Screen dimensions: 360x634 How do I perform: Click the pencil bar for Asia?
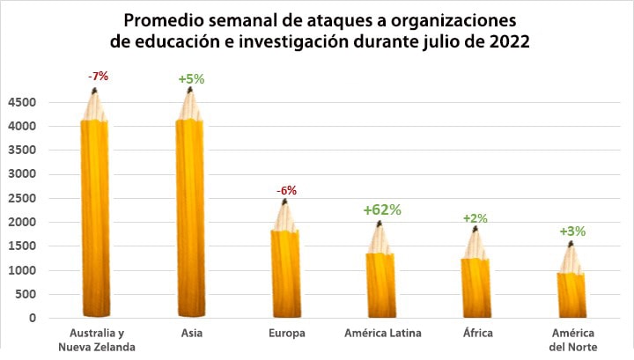(190, 216)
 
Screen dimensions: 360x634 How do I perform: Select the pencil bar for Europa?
(285, 268)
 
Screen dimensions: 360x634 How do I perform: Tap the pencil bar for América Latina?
(380, 282)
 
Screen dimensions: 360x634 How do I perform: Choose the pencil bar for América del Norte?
(571, 290)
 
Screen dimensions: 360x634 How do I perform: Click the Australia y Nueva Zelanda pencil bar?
(94, 216)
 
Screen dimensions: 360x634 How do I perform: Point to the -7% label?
(98, 77)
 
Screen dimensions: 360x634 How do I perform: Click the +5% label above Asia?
(191, 79)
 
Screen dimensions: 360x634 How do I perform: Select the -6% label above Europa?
(286, 190)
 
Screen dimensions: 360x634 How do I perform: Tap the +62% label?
(382, 210)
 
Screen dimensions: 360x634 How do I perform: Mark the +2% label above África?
(475, 218)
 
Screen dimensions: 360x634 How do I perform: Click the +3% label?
(572, 231)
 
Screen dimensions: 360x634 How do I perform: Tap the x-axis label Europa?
(286, 333)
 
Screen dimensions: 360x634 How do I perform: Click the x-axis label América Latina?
(382, 333)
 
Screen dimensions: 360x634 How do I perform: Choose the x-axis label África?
(477, 333)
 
